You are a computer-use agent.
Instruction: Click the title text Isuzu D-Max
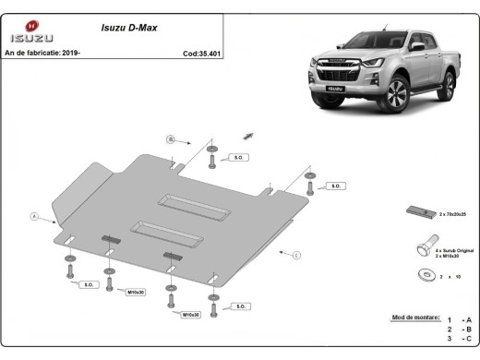[x=128, y=29]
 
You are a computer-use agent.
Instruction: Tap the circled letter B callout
[x=170, y=139]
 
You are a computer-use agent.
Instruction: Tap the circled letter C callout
[x=296, y=253]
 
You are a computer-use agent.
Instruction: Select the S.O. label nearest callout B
[x=238, y=158]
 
